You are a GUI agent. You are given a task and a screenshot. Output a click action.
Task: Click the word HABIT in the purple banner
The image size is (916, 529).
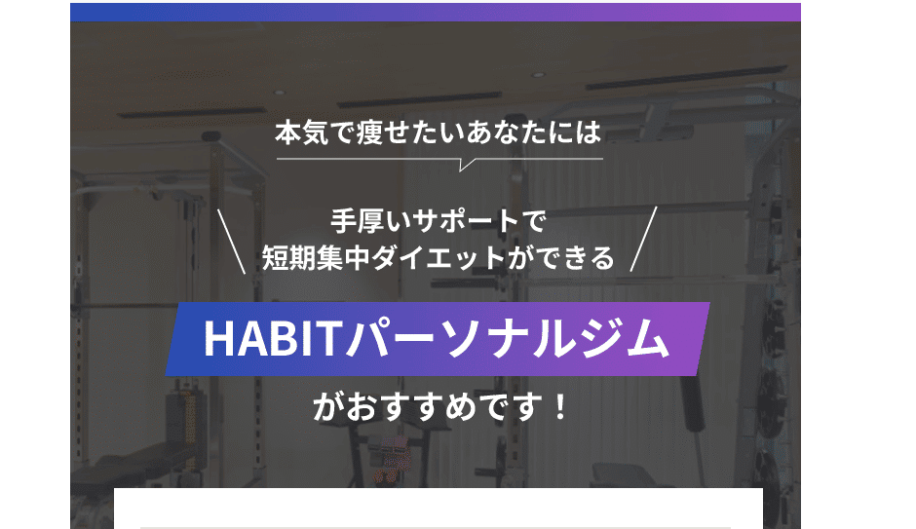pyautogui.click(x=272, y=339)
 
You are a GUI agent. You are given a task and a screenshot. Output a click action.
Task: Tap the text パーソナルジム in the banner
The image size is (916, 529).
pyautogui.click(x=507, y=339)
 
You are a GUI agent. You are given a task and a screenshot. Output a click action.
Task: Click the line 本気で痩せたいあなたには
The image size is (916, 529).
pyautogui.click(x=439, y=132)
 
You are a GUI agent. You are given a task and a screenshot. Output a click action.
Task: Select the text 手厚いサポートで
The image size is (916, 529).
pyautogui.click(x=439, y=221)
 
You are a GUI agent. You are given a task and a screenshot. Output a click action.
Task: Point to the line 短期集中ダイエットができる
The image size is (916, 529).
pyautogui.click(x=439, y=257)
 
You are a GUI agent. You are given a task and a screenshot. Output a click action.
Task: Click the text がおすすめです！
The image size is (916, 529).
pyautogui.click(x=440, y=407)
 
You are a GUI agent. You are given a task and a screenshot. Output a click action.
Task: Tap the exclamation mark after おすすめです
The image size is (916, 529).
pyautogui.click(x=559, y=407)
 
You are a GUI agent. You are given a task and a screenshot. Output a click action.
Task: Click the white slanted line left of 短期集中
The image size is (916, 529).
pyautogui.click(x=231, y=242)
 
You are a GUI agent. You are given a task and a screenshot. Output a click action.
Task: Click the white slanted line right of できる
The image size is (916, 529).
pyautogui.click(x=644, y=239)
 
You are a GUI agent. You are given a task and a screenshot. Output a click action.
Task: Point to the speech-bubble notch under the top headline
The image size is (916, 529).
pyautogui.click(x=467, y=165)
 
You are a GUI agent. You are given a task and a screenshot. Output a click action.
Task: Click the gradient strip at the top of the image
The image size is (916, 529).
pyautogui.click(x=436, y=13)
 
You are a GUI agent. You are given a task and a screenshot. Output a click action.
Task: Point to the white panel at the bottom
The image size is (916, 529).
pyautogui.click(x=439, y=509)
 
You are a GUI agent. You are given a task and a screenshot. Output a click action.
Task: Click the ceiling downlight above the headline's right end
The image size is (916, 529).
pyautogui.click(x=538, y=75)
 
